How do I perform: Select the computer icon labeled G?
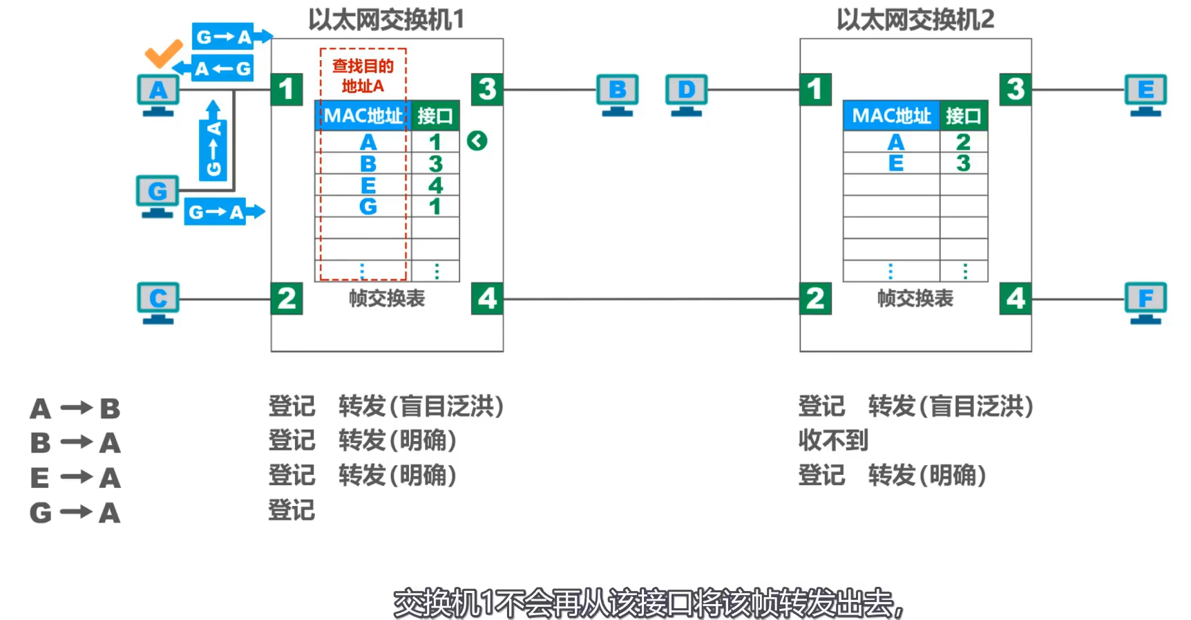158,196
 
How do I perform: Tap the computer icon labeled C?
158,302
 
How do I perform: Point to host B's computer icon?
617,94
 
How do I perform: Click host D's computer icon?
686,94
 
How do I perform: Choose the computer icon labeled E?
1145,94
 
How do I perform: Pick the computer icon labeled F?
1145,302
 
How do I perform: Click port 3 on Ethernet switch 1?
487,89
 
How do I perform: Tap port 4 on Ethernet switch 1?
487,299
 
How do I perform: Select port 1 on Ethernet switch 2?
815,89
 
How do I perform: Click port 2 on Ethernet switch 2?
815,299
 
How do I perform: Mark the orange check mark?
163,53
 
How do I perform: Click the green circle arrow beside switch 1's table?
477,141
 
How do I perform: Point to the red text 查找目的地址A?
363,76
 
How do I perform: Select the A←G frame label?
221,68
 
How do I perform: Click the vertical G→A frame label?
213,149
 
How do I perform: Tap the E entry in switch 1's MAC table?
368,185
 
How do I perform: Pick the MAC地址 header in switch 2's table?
891,115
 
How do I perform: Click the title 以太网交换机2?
915,19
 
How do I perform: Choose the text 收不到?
833,440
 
